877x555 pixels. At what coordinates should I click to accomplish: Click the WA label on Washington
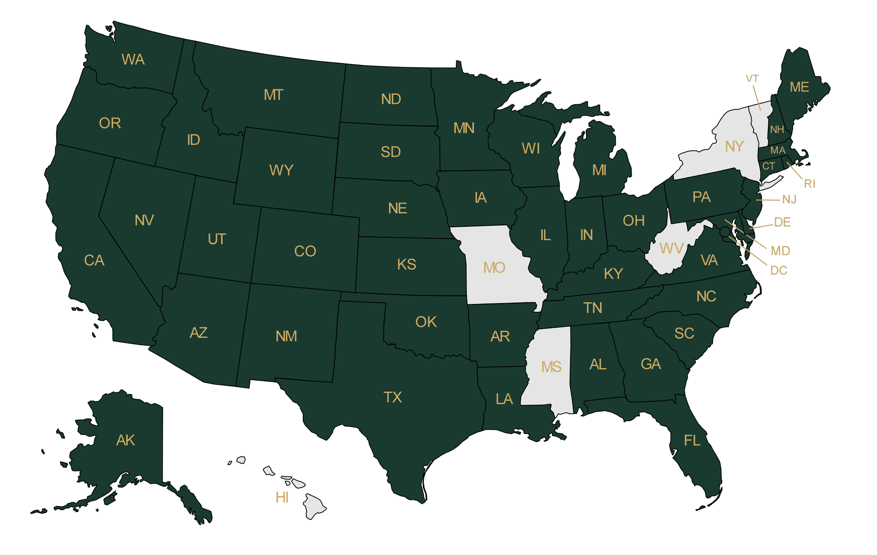[133, 59]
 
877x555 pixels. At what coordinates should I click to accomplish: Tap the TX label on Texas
[392, 397]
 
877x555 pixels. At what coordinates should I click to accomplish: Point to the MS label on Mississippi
[551, 367]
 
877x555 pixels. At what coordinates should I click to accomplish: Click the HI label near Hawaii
[282, 497]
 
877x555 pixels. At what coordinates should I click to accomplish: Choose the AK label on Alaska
[125, 440]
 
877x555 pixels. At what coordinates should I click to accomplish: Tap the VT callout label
[752, 79]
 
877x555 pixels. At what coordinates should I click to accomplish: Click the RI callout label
[809, 184]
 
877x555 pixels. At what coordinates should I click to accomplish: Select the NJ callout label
[789, 199]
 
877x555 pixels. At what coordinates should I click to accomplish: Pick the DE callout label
[782, 222]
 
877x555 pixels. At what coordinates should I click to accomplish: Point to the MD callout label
[780, 251]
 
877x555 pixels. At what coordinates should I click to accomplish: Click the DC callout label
[778, 270]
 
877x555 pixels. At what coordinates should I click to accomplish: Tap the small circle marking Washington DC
[725, 232]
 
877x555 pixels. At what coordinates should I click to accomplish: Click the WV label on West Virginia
[671, 248]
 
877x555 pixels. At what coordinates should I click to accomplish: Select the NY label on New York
[734, 146]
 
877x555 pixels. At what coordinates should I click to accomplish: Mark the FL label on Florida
[692, 440]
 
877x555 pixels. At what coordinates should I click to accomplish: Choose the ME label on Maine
[799, 87]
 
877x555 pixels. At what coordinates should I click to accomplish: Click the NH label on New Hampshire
[777, 129]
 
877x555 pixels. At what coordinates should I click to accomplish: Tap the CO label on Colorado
[305, 251]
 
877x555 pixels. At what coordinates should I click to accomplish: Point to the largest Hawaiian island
[314, 506]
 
